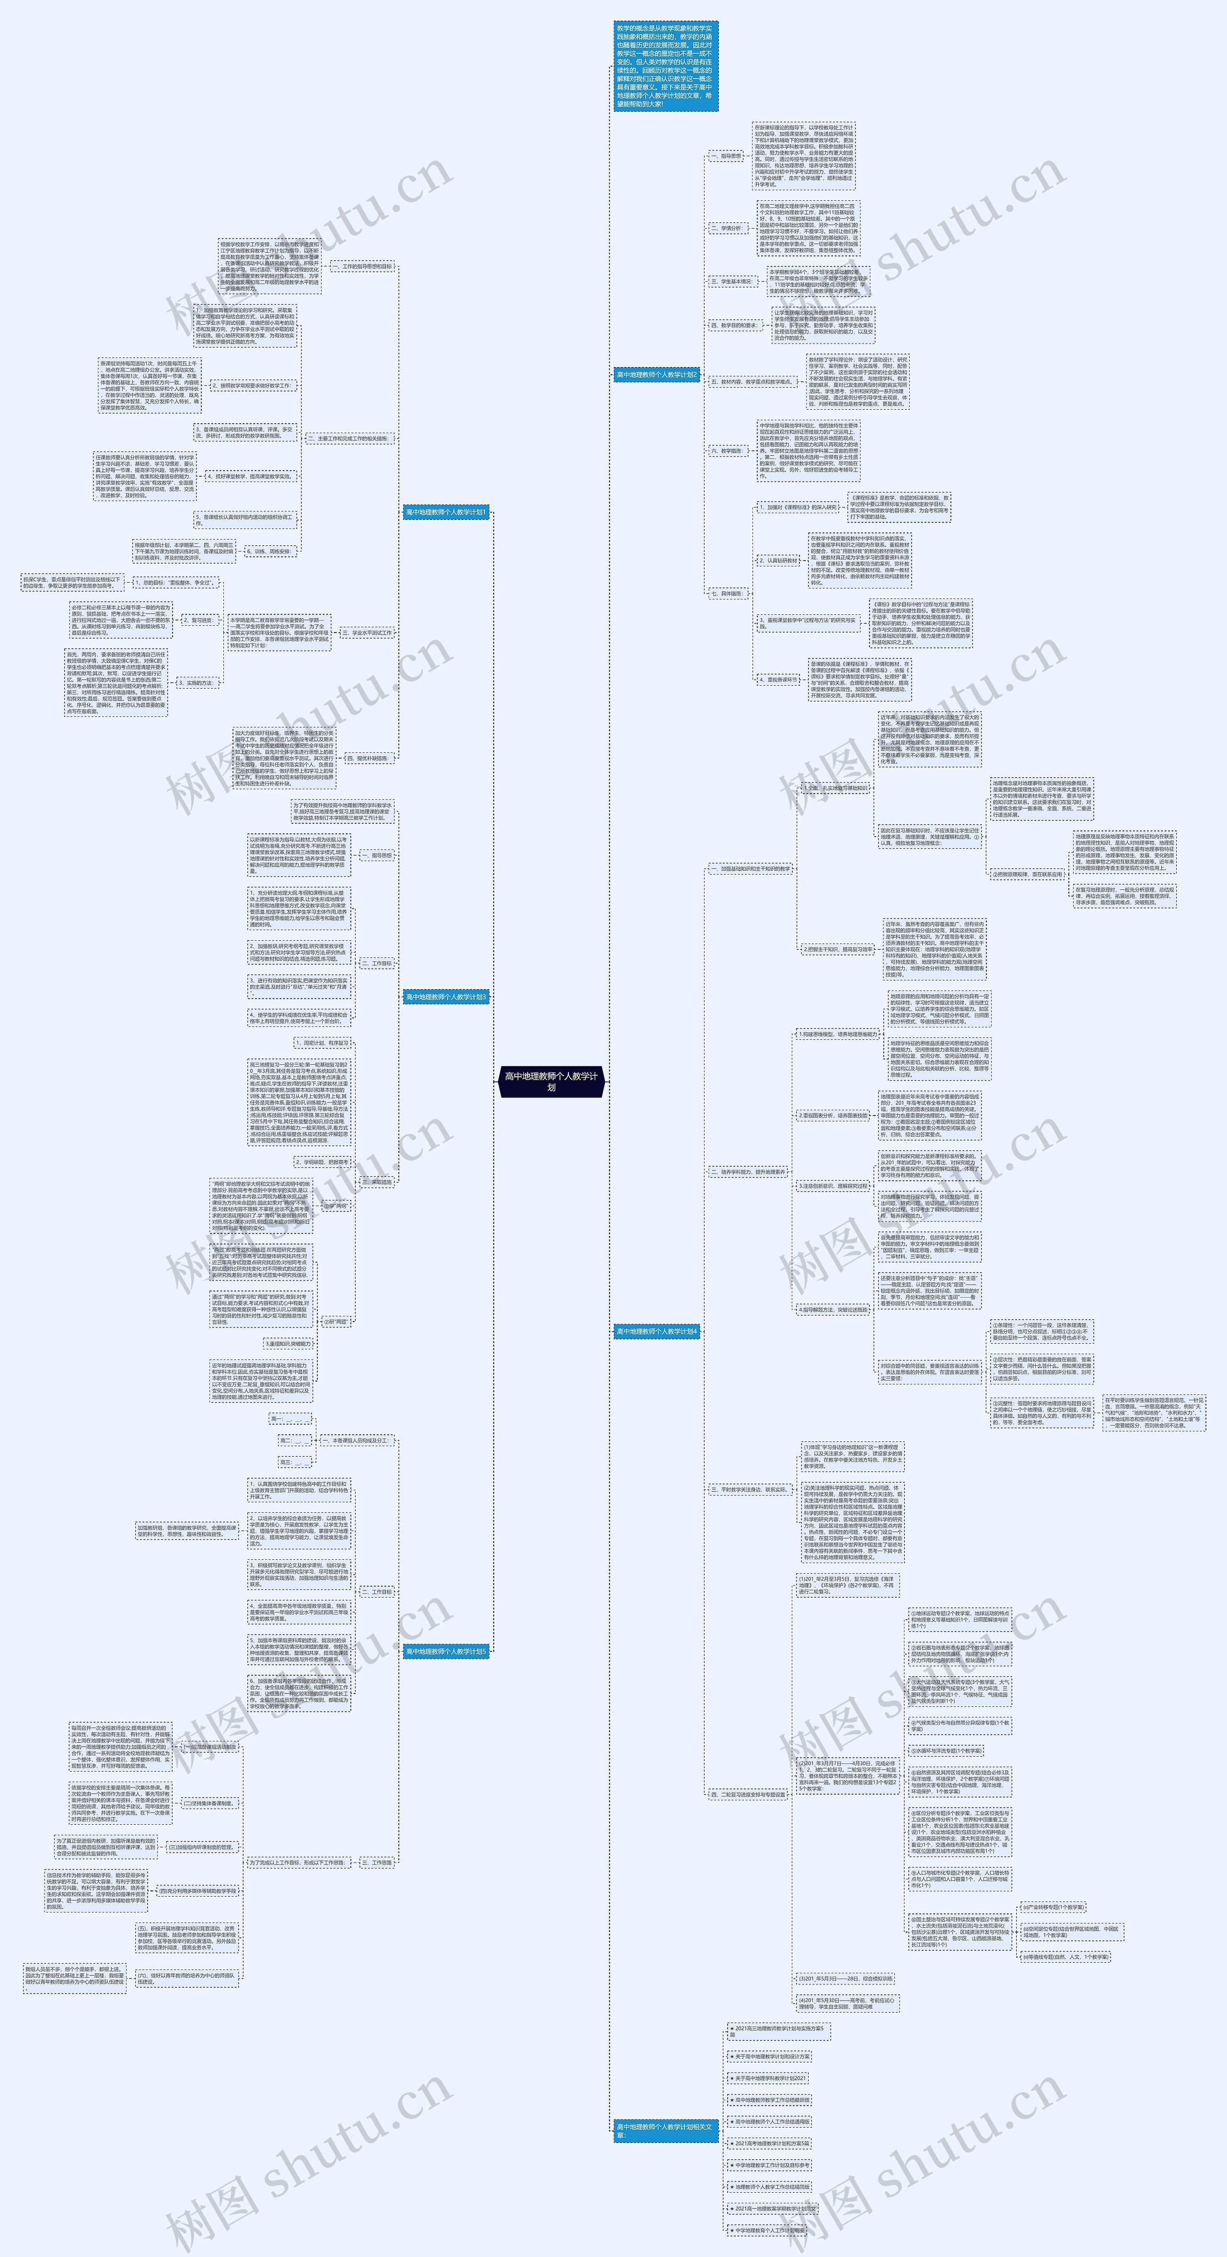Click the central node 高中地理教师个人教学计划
tap(551, 1080)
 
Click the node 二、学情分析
tap(727, 228)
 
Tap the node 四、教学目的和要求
tap(734, 325)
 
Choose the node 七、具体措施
tap(727, 593)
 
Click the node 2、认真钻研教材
tap(779, 560)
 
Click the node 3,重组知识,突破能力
tap(289, 1343)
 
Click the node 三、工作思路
tap(377, 1862)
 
